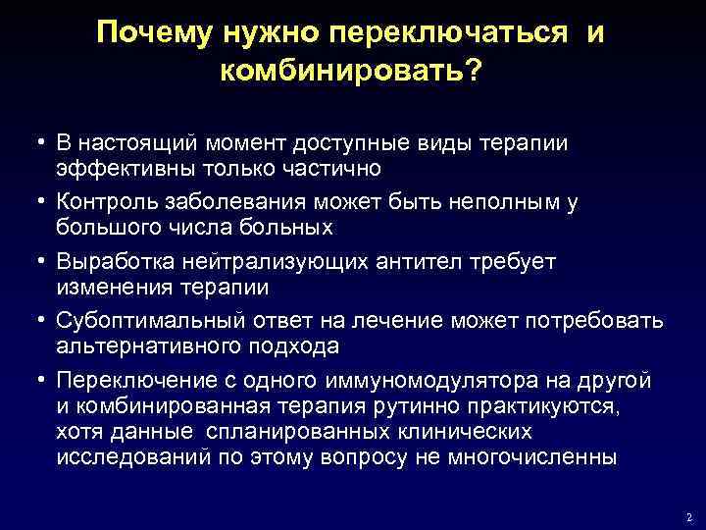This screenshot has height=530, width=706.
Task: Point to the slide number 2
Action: pyautogui.click(x=689, y=516)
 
